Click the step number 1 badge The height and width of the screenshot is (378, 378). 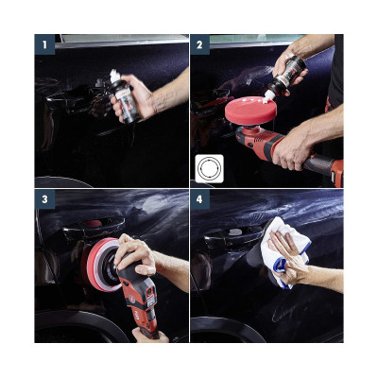pos(43,43)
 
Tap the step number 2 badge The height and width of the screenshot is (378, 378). pos(199,43)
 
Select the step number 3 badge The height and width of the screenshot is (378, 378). pos(43,199)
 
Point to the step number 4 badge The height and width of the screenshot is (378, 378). pos(199,199)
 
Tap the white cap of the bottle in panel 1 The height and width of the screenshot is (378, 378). pos(116,76)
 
